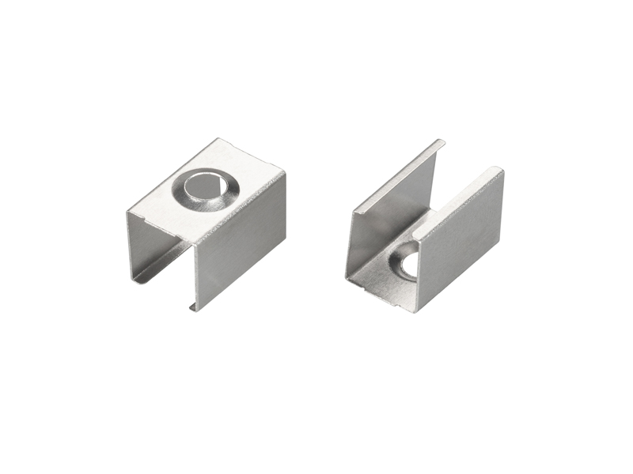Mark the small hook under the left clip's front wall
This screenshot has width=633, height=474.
click(x=192, y=305)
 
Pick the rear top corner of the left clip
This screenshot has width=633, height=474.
click(x=218, y=141)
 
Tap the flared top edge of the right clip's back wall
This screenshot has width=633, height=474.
click(x=396, y=174)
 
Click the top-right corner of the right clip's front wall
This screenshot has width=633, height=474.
click(x=500, y=170)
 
